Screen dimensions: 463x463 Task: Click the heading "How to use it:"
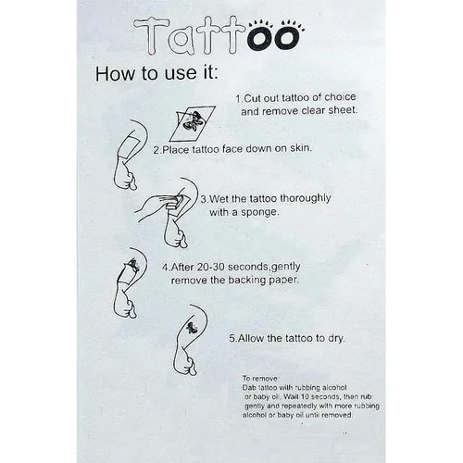(156, 73)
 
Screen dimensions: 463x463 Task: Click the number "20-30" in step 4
(210, 267)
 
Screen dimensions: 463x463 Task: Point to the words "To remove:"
(261, 378)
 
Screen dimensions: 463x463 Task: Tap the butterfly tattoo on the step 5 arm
(193, 328)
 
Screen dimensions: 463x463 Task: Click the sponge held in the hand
(175, 201)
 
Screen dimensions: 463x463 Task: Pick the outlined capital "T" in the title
(152, 36)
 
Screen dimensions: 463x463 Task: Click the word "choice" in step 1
(340, 97)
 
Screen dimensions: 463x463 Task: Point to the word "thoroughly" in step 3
(305, 199)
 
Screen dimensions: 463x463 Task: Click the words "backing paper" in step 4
(263, 281)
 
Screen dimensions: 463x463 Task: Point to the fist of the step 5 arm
(189, 366)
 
